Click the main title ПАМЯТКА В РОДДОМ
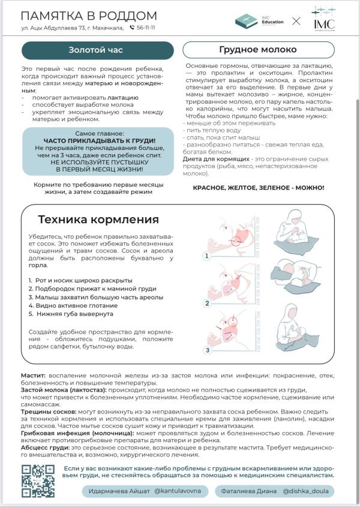89,16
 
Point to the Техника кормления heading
99,219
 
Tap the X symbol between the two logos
296,21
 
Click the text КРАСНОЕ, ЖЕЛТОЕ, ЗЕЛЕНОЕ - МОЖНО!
258,188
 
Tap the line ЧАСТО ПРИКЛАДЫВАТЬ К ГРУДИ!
99,140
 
